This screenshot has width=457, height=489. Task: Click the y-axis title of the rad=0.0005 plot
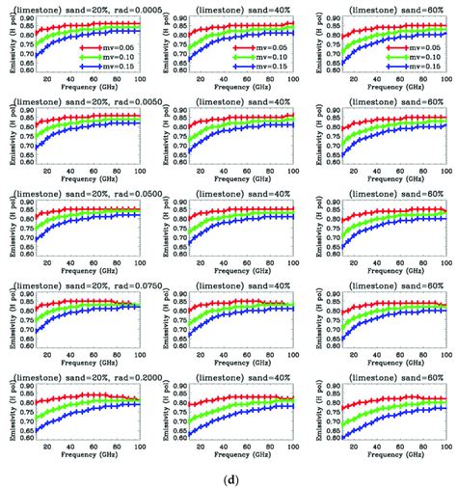pos(7,45)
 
